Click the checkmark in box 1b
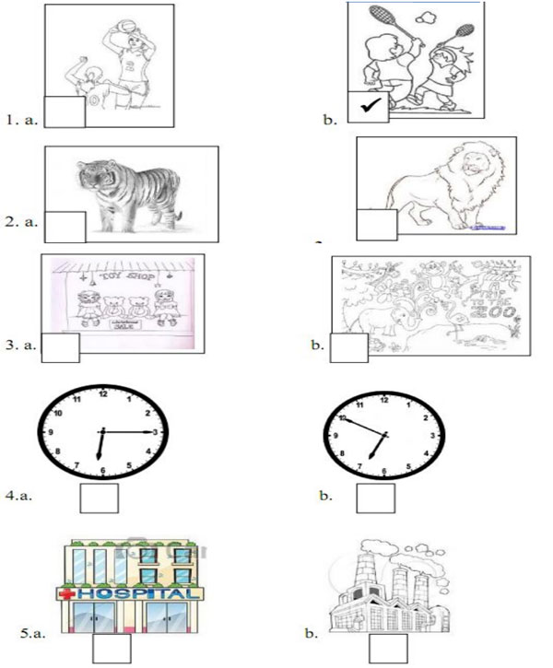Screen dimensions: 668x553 pos(368,107)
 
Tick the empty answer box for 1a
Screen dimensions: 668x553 pos(65,111)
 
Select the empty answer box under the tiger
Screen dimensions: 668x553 pos(65,227)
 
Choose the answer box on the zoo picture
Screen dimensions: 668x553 pos(348,347)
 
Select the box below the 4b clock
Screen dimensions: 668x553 pos(375,498)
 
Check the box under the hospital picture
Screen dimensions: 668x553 pos(112,650)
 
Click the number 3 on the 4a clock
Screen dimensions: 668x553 pos(156,431)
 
